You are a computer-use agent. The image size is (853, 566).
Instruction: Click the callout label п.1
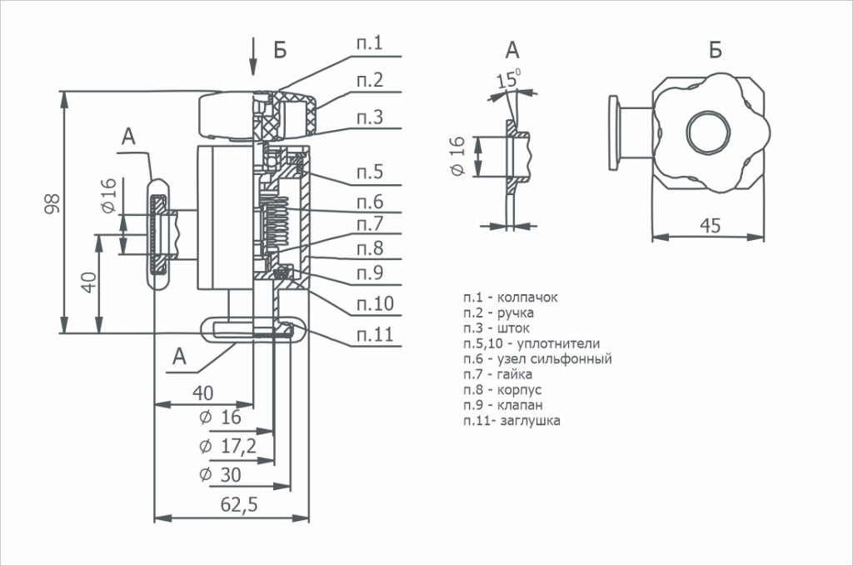click(370, 43)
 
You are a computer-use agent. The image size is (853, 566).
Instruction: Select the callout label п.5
click(370, 173)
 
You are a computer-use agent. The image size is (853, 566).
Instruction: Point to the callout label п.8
click(370, 248)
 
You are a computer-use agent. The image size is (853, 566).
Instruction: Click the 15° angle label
click(507, 80)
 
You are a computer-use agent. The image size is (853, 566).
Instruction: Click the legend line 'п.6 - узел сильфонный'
click(538, 359)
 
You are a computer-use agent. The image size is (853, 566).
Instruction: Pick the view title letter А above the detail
click(511, 50)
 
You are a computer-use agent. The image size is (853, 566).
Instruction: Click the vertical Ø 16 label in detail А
click(456, 156)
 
